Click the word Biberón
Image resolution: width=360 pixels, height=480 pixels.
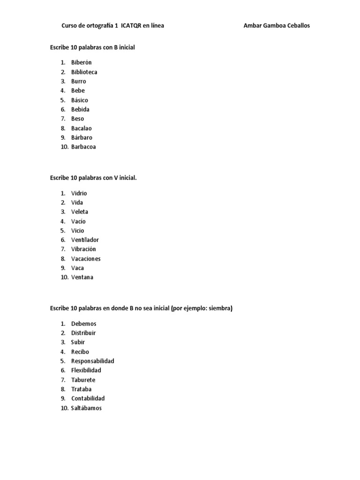(x=82, y=62)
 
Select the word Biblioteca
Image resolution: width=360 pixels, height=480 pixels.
(x=84, y=72)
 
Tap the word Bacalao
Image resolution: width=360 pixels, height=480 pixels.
(x=82, y=128)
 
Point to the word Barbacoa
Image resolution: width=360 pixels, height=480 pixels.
(x=83, y=147)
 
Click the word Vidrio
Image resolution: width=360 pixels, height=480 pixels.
(x=79, y=193)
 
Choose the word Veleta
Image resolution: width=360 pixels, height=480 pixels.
(x=80, y=212)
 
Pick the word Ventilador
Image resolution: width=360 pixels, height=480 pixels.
(x=85, y=240)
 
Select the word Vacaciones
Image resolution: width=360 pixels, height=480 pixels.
(x=86, y=259)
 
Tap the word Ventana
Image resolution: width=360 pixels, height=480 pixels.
(x=82, y=277)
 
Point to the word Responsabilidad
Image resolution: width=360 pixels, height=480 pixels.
(x=93, y=361)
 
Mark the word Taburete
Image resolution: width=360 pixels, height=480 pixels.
(x=83, y=380)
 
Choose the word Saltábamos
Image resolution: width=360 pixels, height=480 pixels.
(x=86, y=408)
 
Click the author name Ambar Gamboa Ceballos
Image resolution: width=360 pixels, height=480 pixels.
(x=277, y=26)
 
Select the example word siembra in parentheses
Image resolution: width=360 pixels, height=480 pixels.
(x=219, y=308)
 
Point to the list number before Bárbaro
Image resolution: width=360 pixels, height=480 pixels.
(x=63, y=137)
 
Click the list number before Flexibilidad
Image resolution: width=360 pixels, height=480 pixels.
(x=63, y=371)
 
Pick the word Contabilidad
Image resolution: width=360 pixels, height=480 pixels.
(x=88, y=399)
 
